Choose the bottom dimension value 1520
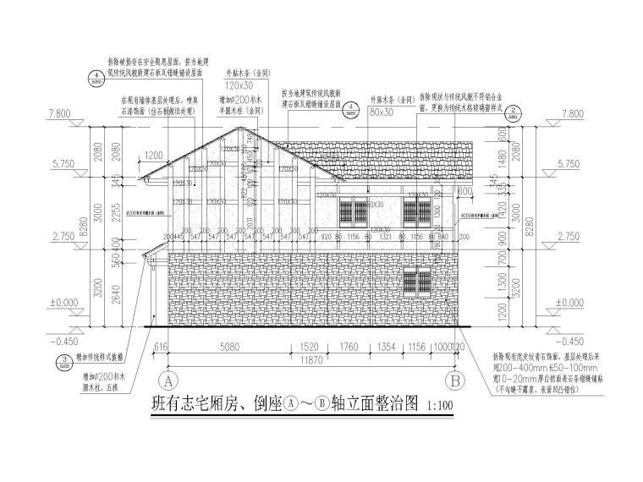[x=309, y=347]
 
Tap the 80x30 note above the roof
[x=382, y=111]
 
